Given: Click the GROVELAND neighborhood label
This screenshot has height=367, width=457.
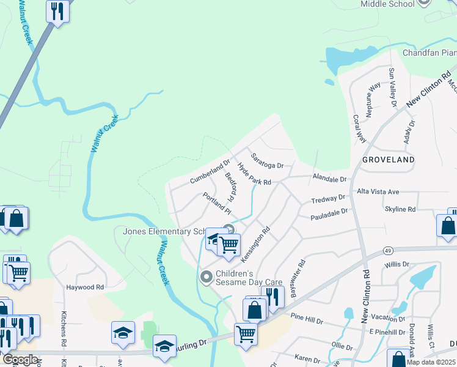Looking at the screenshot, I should tap(388, 160).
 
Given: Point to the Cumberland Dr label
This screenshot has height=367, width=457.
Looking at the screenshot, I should tap(209, 172).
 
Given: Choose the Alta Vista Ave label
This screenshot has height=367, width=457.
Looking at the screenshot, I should tap(378, 191).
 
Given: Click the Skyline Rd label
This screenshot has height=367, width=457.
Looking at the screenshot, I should tap(400, 209).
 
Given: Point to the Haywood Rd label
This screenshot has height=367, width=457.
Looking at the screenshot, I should tap(86, 287).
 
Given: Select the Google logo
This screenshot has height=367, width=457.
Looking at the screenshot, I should tap(20, 360).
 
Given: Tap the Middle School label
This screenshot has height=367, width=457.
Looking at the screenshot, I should tap(387, 4).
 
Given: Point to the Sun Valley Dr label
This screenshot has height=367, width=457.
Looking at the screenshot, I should tap(392, 88).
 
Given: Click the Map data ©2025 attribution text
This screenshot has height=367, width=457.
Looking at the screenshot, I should tap(431, 362).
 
